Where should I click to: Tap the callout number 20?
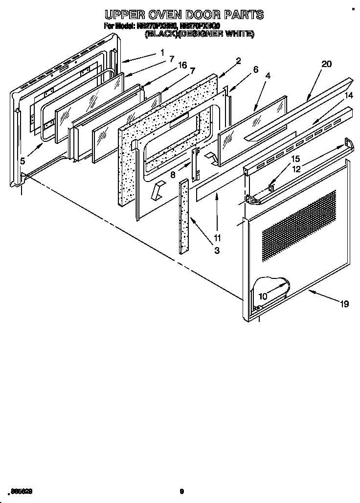point(327,64)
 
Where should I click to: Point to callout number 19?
point(344,304)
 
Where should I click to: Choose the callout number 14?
point(348,96)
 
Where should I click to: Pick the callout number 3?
point(216,250)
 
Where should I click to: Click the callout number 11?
point(217,238)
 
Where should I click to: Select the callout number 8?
point(173,174)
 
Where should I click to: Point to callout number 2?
point(238,61)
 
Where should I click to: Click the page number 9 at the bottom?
point(181,491)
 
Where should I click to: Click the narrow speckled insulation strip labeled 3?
point(184,215)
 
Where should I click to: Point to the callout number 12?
point(296,169)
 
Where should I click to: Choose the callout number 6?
point(256,70)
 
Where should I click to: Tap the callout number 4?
point(268,76)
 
